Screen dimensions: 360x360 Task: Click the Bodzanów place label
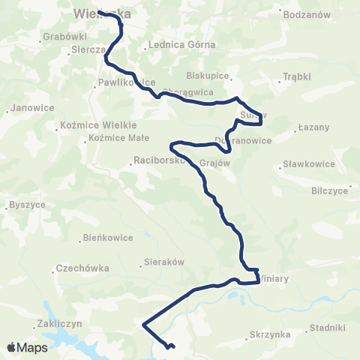307,14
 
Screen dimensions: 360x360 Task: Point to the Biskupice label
208,76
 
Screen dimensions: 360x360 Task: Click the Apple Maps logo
26,347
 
